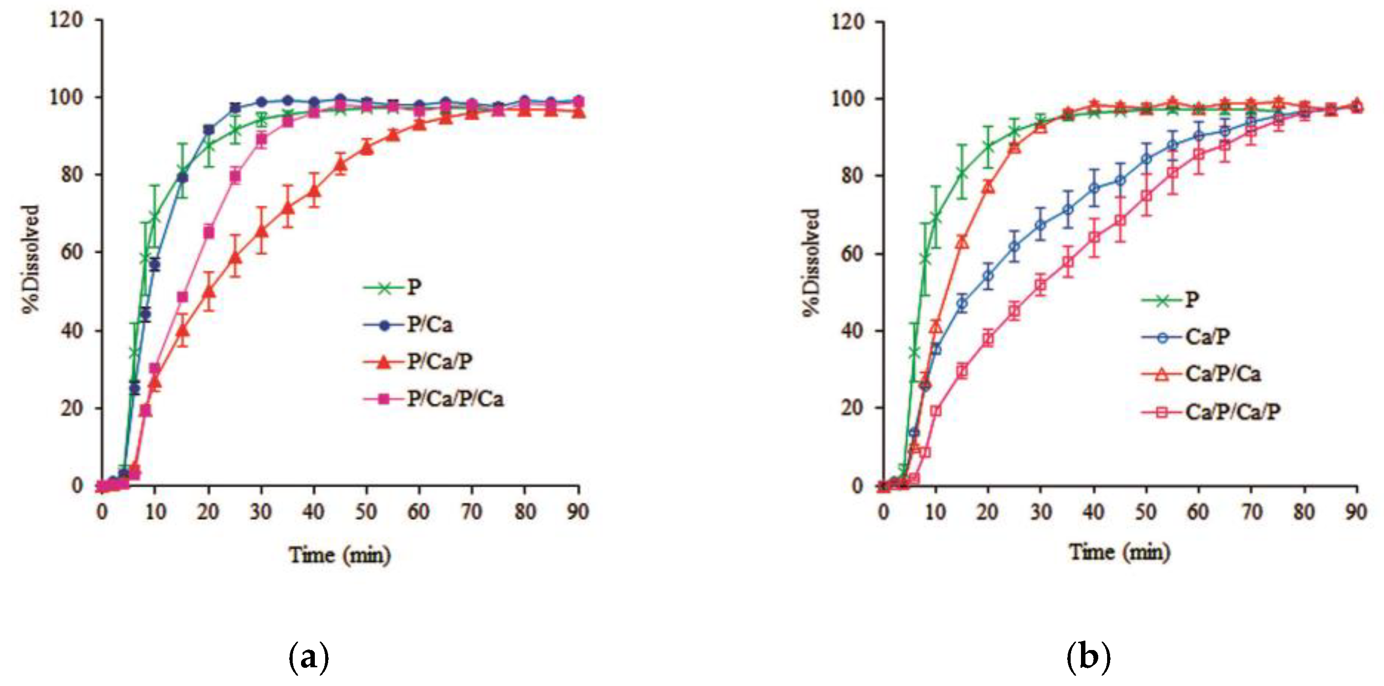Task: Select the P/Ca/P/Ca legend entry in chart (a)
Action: tap(455, 399)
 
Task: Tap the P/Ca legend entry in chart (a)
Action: tap(429, 325)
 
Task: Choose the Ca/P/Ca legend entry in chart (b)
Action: tap(1223, 374)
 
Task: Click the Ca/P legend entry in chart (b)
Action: tap(1207, 337)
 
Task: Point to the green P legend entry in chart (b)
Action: tap(1192, 299)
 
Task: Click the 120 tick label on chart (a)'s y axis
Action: tap(66, 20)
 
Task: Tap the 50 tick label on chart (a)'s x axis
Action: tap(366, 512)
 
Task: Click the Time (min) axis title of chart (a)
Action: tap(339, 554)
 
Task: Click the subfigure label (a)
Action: tap(309, 656)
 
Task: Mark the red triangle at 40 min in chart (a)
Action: tap(314, 191)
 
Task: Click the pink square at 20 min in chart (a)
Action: tap(208, 233)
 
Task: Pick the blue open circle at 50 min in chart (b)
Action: tap(1146, 159)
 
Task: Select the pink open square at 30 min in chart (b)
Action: tap(1041, 285)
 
